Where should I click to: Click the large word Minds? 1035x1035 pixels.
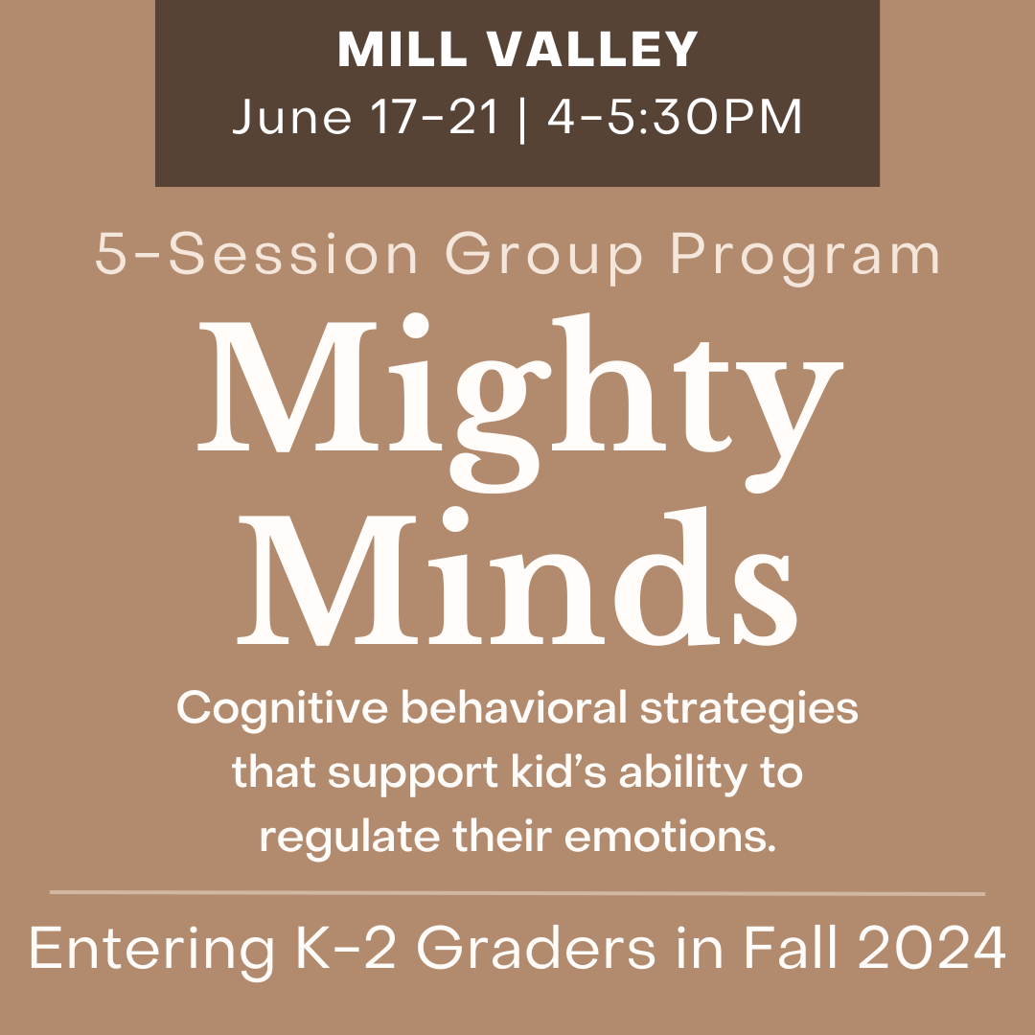tap(517, 575)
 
